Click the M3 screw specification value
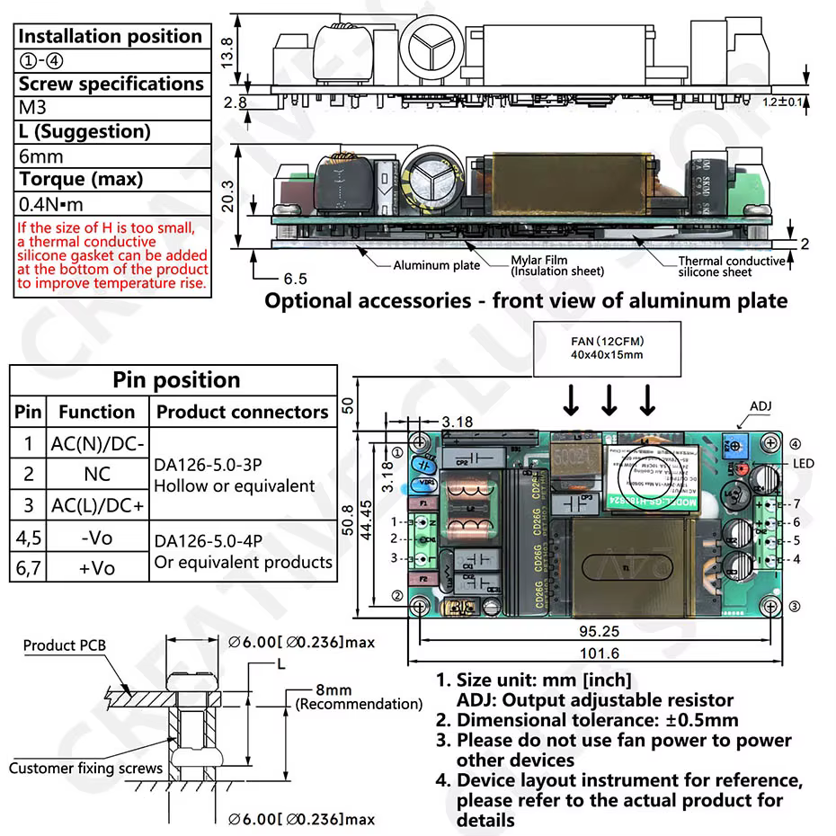click(x=33, y=108)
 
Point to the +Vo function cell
click(x=96, y=568)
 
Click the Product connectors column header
click(x=243, y=412)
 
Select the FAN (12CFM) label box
click(x=608, y=348)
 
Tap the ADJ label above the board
click(x=760, y=406)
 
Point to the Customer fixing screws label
click(x=85, y=768)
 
